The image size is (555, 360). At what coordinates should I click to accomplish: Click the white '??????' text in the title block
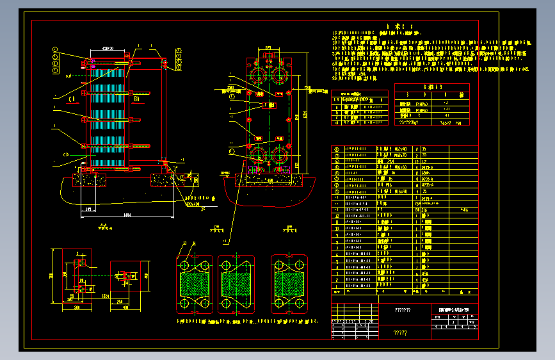(403, 310)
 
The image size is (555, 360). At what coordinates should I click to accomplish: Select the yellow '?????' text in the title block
(400, 332)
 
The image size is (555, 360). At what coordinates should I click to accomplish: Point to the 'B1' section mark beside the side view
(137, 99)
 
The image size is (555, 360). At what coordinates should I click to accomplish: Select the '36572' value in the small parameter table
(443, 121)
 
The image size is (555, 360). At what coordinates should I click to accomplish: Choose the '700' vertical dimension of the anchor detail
(53, 276)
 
